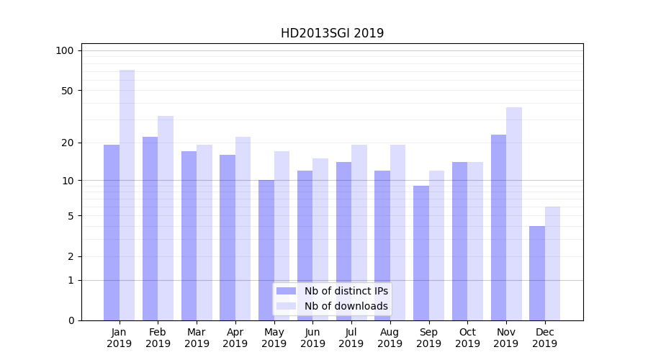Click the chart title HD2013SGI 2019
point(332,33)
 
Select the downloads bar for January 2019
point(127,195)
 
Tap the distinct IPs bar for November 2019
point(498,228)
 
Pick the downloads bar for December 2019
point(552,264)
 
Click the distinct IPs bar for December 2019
point(537,274)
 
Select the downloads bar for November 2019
point(514,214)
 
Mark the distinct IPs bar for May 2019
point(266,250)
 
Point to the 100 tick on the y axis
point(65,50)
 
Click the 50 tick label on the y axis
point(68,91)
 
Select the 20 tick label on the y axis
point(68,143)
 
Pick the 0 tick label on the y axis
point(71,320)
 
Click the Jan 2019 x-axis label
point(120,338)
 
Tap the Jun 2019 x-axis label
point(312,338)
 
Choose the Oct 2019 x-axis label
point(467,338)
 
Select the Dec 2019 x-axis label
point(545,338)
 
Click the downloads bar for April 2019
point(243,229)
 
